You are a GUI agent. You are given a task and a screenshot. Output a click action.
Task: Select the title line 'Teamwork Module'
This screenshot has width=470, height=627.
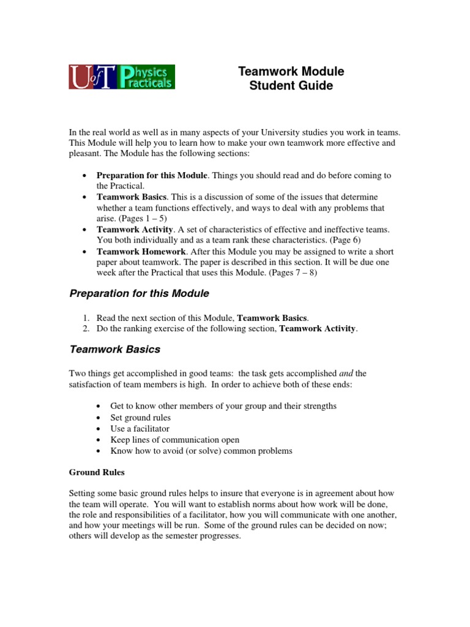pyautogui.click(x=291, y=71)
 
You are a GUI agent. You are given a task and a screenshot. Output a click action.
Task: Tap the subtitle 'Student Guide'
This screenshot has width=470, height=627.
pyautogui.click(x=291, y=86)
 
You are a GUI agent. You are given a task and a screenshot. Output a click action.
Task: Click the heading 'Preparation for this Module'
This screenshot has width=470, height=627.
pyautogui.click(x=139, y=294)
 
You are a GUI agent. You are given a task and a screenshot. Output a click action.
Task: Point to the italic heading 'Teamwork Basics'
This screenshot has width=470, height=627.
pyautogui.click(x=115, y=350)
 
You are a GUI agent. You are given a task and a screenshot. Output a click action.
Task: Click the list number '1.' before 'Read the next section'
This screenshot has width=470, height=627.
pyautogui.click(x=86, y=318)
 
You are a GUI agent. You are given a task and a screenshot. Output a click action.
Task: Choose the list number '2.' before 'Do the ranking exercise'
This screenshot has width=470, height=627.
pyautogui.click(x=86, y=329)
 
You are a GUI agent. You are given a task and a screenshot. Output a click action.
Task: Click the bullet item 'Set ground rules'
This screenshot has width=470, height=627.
pyautogui.click(x=141, y=418)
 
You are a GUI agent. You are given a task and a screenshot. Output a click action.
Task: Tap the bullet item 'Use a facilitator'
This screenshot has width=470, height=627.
pyautogui.click(x=140, y=429)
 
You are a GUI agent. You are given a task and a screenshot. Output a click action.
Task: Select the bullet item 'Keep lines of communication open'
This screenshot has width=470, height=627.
pyautogui.click(x=175, y=440)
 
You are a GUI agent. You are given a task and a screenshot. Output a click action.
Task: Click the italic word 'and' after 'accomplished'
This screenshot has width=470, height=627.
pyautogui.click(x=346, y=373)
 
